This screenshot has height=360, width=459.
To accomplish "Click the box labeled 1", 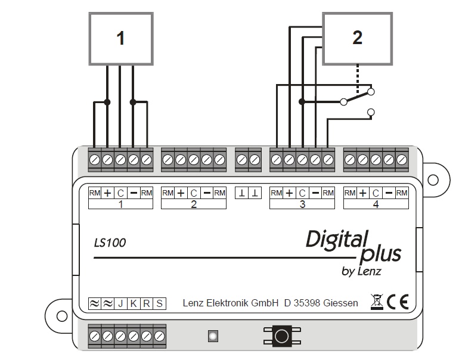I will [121, 38].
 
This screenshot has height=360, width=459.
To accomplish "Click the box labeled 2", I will [357, 38].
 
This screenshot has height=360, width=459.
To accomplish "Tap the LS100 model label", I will [110, 243].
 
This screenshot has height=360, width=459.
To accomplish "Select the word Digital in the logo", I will [334, 240].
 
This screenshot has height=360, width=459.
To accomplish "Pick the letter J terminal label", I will [120, 303].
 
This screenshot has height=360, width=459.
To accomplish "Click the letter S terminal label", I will [159, 303].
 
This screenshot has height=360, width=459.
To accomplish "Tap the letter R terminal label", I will [146, 303].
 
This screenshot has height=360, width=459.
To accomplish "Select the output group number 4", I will [376, 204].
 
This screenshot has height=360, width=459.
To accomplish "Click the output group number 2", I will [194, 204].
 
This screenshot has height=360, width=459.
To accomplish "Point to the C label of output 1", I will [120, 193].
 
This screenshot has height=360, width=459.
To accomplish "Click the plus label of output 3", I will [289, 193].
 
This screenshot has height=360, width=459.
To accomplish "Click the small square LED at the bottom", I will [211, 337].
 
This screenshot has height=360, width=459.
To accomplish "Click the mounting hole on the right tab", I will [433, 179].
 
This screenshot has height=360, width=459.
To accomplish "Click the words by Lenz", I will [363, 272].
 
